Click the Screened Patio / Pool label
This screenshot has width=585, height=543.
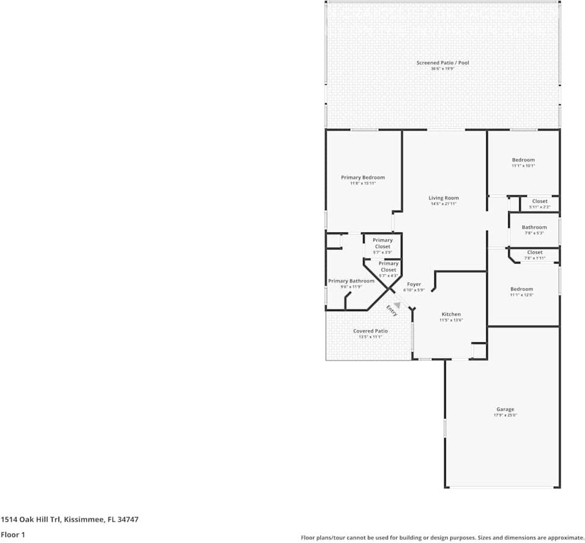[x=442, y=63]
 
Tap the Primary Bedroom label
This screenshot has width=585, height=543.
[x=362, y=178]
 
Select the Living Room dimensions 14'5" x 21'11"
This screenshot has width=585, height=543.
[x=443, y=204]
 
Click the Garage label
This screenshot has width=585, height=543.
[x=504, y=409]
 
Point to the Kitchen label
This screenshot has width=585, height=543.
[x=451, y=314]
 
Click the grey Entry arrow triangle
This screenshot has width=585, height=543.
[x=397, y=304]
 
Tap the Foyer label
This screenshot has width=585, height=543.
[x=414, y=284]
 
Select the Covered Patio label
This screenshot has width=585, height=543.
[x=370, y=331]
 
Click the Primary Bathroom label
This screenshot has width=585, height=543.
[x=351, y=281]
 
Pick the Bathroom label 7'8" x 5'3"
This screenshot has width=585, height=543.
[x=534, y=228]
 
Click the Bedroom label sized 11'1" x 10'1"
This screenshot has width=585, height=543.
[x=523, y=160]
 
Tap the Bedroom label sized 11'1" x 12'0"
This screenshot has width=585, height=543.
[x=521, y=289]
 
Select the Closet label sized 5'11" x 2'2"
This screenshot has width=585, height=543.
[x=539, y=201]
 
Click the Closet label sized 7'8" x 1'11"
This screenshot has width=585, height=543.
[x=534, y=253]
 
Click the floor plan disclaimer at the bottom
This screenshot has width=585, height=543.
[x=442, y=538]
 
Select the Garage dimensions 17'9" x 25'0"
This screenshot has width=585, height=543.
[x=504, y=415]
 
